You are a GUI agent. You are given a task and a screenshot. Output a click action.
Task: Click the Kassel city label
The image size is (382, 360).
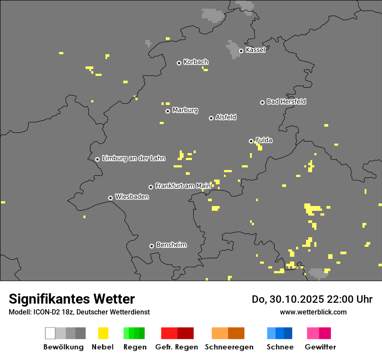pos(255,50)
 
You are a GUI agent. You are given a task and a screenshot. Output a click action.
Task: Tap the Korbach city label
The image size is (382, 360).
pos(196,62)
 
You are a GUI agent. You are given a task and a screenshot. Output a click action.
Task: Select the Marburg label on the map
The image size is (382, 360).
pos(185,110)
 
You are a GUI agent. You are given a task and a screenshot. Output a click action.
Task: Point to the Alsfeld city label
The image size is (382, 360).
pos(226,117)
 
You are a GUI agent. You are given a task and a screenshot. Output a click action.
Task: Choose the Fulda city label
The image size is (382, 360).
pos(264,140)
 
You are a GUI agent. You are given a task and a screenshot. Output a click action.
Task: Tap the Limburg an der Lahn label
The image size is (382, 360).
pos(134,158)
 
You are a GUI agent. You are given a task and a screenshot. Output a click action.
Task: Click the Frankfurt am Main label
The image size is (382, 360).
pos(183,186)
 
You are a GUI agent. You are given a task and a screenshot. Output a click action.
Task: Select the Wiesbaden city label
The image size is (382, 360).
pos(132,197)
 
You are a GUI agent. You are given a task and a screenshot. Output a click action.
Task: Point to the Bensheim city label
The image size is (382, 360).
pos(171,245)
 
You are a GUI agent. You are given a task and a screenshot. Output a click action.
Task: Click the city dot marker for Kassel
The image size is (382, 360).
pos(241,51)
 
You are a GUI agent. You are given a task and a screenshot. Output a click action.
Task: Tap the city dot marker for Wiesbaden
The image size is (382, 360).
pos(111,198)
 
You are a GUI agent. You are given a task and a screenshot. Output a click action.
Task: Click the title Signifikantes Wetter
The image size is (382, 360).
pos(72,299)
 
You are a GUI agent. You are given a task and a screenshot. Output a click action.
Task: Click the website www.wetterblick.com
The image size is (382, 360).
pos(313,312)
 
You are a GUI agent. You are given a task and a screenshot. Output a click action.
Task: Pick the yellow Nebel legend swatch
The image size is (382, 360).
pos(103,333)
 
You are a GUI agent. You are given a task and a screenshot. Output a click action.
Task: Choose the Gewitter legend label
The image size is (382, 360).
pos(320,347)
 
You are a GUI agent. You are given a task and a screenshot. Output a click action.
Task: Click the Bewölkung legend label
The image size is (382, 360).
pos(63,347)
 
